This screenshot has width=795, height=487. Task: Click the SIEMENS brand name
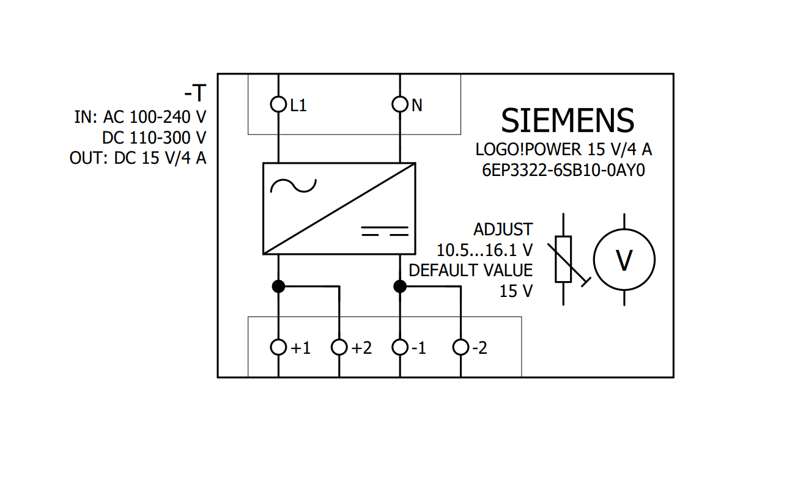coord(567,121)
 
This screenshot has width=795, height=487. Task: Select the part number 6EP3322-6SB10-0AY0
coord(563,170)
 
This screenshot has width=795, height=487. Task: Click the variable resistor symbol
coord(563,259)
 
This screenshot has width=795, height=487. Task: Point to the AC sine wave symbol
coord(293,186)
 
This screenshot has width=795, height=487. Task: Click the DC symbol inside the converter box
coord(385,231)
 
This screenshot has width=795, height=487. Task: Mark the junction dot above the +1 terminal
coord(278,286)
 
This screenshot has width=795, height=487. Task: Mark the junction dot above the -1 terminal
coord(400,286)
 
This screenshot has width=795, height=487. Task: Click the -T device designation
coord(195,93)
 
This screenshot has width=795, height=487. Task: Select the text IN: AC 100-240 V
coord(140,117)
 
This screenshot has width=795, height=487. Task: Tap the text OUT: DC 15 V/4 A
coord(138,158)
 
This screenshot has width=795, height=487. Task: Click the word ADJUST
coord(503,230)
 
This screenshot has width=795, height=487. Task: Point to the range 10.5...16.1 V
coord(484,250)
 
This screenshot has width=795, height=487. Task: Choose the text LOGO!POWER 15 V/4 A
coord(564,149)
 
